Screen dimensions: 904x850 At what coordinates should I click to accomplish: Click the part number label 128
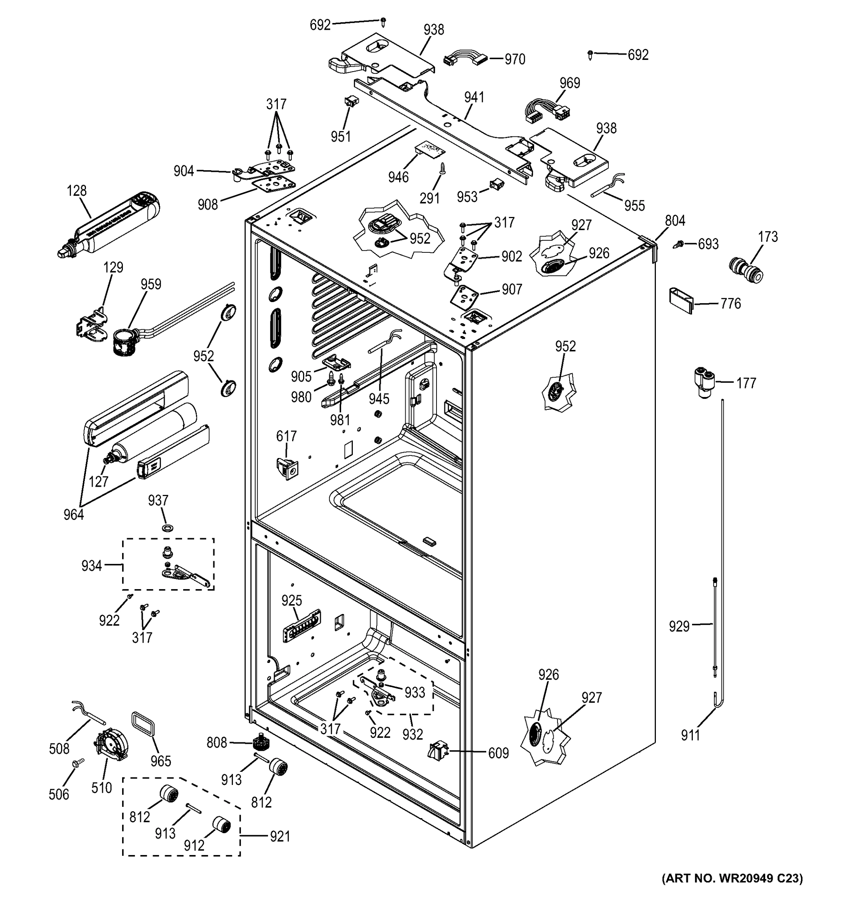[77, 191]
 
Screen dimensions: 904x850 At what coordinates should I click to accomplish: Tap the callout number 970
[515, 60]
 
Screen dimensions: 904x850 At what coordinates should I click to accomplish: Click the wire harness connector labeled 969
[546, 112]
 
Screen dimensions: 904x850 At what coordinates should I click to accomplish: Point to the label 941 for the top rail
[474, 97]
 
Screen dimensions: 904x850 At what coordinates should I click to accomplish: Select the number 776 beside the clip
[731, 303]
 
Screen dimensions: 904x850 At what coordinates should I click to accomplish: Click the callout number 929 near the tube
[679, 627]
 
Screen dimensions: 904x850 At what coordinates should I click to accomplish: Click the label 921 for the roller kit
[279, 836]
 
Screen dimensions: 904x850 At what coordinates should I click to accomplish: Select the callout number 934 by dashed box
[92, 566]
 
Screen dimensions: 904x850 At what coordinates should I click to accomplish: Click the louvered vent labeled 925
[302, 626]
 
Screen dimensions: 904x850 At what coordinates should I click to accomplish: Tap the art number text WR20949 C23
[732, 890]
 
